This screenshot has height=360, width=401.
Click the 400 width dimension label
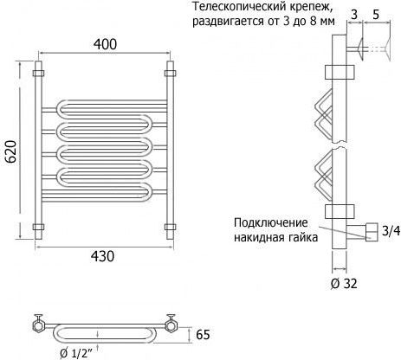click(105, 44)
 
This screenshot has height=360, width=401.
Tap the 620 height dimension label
click(10, 151)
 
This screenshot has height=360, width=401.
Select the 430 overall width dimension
click(102, 256)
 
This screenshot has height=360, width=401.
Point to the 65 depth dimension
click(203, 335)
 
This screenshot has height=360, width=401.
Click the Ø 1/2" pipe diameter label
click(76, 353)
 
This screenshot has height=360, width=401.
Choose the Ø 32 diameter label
click(344, 284)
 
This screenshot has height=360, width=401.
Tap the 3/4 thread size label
click(391, 231)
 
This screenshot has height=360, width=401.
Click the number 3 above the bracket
click(354, 15)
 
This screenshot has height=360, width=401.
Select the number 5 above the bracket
click(376, 15)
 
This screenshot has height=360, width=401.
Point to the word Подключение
click(271, 223)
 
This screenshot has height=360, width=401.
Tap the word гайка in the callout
click(303, 238)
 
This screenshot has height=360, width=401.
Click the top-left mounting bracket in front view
click(38, 73)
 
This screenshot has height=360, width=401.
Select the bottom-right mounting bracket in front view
click(170, 227)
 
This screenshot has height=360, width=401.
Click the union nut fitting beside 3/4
click(372, 232)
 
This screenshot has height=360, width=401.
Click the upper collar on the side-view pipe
click(340, 72)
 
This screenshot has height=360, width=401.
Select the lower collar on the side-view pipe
click(340, 211)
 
